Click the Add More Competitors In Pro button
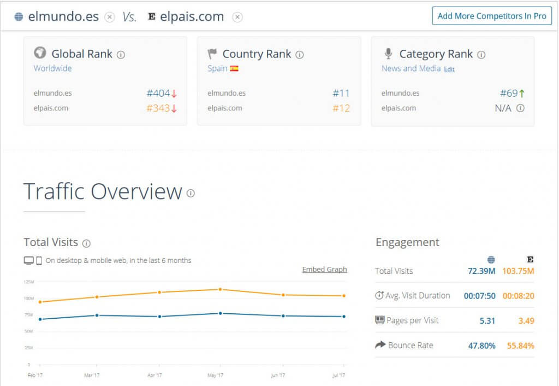491,16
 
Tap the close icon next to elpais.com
237,17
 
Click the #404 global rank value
158,93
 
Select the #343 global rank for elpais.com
158,108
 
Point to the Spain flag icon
234,69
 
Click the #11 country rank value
341,93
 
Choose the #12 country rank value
341,108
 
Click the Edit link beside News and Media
449,69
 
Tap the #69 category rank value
509,93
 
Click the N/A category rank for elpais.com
503,108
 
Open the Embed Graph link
324,270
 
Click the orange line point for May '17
220,289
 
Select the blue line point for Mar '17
97,315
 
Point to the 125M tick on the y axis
29,282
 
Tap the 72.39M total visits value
481,271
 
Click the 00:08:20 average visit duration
518,296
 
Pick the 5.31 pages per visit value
487,321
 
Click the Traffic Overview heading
103,192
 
